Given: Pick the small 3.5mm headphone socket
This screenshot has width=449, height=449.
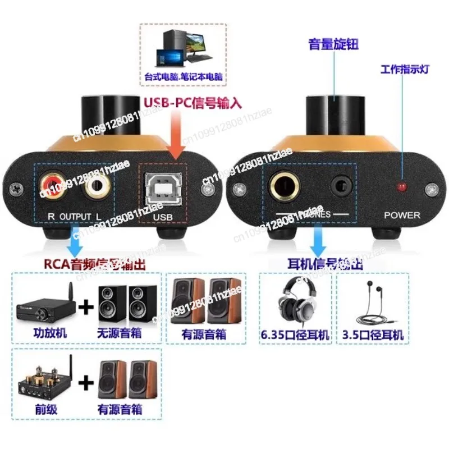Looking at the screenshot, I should pos(341,186).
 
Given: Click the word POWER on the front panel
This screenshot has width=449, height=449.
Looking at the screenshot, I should pos(402,215).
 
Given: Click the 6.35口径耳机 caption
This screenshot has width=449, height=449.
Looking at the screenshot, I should pos(295,335).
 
